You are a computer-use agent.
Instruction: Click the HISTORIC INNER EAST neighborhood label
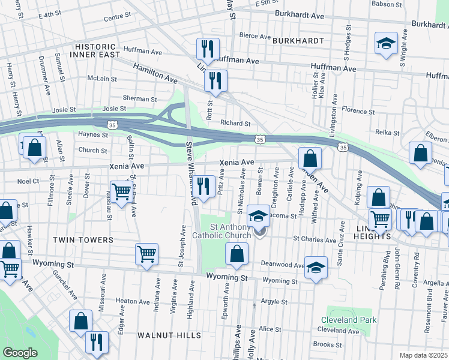pyautogui.click(x=94, y=51)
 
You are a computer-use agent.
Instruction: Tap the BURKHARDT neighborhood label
pyautogui.click(x=298, y=41)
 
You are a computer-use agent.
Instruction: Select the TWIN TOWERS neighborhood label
pyautogui.click(x=83, y=240)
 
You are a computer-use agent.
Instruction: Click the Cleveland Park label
pyautogui.click(x=349, y=320)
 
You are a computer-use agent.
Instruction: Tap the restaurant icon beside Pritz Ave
pyautogui.click(x=205, y=186)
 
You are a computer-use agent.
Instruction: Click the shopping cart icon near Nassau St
pyautogui.click(x=121, y=192)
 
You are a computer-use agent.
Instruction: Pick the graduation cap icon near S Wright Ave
pyautogui.click(x=386, y=43)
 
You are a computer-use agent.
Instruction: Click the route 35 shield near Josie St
pyautogui.click(x=112, y=124)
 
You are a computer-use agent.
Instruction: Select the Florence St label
pyautogui.click(x=358, y=111)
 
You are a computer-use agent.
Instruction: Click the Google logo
pyautogui.click(x=20, y=353)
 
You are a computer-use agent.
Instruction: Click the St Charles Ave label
pyautogui.click(x=315, y=240)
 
